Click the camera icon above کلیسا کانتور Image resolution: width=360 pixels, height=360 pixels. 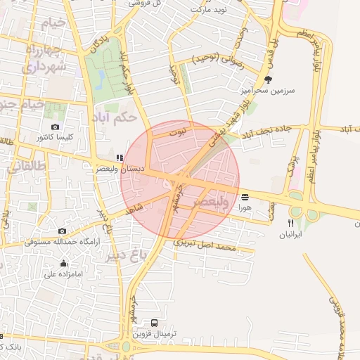coord(55,127)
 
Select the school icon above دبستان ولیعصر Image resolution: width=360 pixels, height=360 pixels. coord(119,157)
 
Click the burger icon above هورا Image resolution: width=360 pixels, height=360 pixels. coord(244,197)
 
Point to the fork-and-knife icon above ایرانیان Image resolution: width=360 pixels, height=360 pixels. coord(290,223)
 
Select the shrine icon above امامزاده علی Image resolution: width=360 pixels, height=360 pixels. coord(64,264)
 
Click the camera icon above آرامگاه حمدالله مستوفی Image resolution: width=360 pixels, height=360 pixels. coord(62,231)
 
